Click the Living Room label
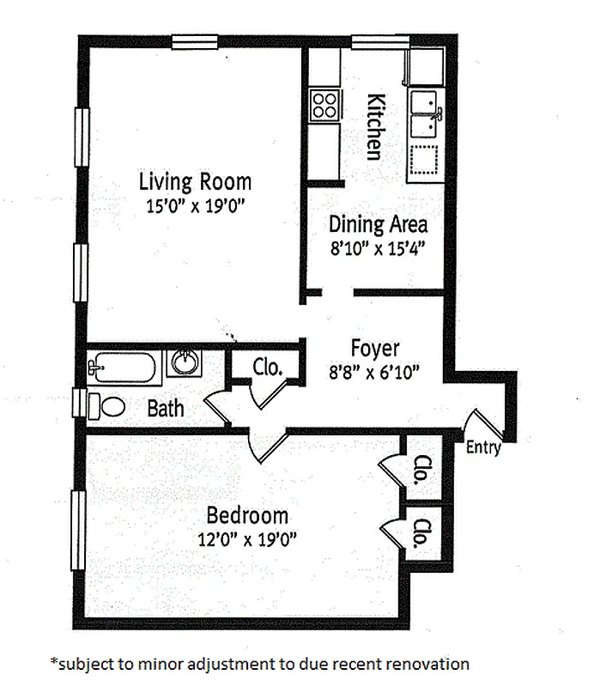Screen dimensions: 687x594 click(196, 182)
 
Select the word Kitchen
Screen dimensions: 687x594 click(374, 125)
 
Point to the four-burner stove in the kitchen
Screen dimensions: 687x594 click(325, 105)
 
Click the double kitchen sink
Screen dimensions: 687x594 click(423, 114)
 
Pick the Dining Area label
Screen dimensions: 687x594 click(378, 225)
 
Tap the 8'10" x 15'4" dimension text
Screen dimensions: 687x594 click(378, 248)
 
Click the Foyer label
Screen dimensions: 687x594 click(375, 349)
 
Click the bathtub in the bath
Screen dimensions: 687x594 click(125, 368)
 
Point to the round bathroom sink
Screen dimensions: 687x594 click(185, 362)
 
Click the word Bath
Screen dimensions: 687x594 click(166, 408)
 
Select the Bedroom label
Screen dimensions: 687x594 click(247, 516)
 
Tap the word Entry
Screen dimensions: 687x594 click(483, 448)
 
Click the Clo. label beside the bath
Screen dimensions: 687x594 click(268, 368)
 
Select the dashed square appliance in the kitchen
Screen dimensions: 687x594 click(422, 159)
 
